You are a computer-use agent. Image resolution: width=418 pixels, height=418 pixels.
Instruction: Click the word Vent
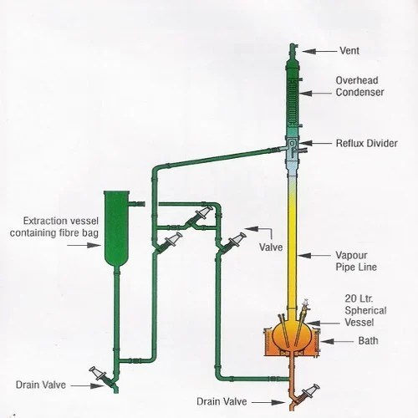tap(347, 50)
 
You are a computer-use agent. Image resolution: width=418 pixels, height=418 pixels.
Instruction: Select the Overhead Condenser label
tap(359, 87)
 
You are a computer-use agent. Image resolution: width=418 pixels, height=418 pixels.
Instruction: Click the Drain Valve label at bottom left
tap(42, 385)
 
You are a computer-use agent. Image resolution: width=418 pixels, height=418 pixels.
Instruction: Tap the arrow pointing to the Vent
tap(319, 50)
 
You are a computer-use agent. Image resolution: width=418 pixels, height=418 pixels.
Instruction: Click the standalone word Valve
tap(270, 248)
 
